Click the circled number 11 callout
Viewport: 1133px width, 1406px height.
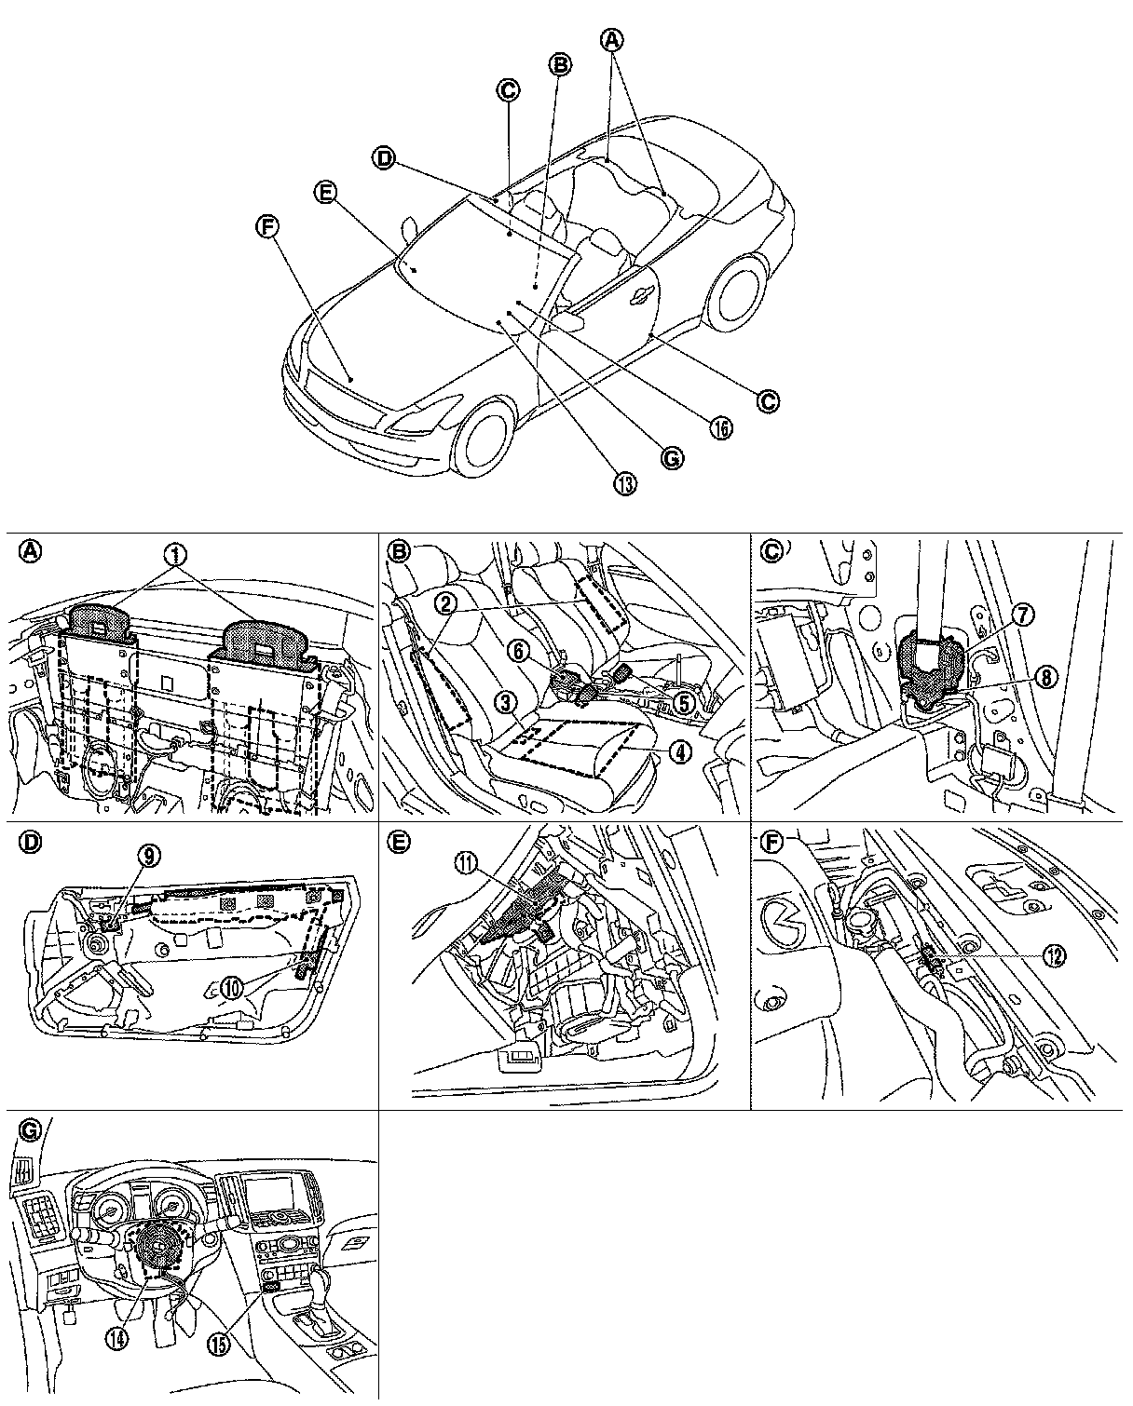click(464, 863)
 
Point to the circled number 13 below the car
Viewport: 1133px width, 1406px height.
click(625, 483)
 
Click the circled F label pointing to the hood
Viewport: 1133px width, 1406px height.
click(266, 227)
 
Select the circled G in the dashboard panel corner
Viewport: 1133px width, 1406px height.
click(30, 1129)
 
